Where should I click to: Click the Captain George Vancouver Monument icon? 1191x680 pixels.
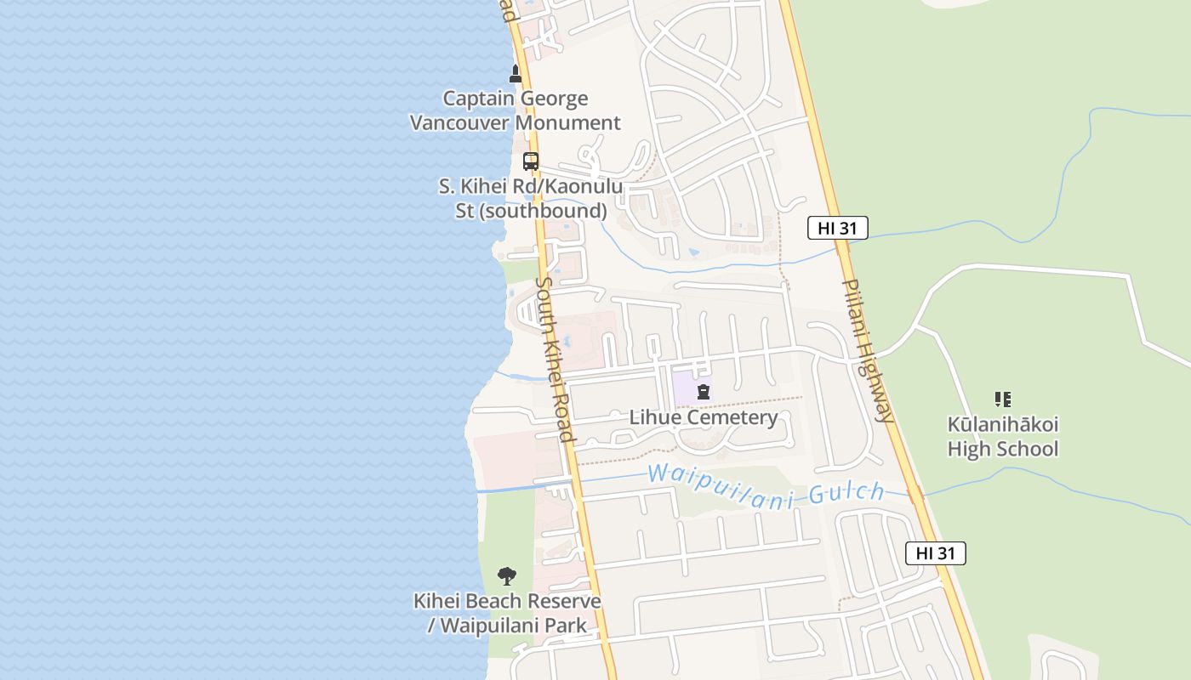click(x=515, y=74)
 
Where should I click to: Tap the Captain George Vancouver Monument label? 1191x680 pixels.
click(x=515, y=110)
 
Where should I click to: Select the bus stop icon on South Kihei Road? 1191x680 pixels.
click(x=531, y=161)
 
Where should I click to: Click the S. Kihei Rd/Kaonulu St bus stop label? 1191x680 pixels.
click(x=531, y=198)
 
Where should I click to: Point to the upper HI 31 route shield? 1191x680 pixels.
click(x=837, y=228)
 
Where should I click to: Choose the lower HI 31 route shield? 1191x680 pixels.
click(x=935, y=553)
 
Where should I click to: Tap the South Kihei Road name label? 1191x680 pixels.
click(x=556, y=359)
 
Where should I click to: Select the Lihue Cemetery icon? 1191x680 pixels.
click(x=704, y=392)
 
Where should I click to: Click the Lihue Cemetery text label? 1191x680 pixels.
click(x=704, y=417)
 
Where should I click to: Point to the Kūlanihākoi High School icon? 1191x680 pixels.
click(x=1003, y=399)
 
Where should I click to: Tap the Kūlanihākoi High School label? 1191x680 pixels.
click(x=1003, y=436)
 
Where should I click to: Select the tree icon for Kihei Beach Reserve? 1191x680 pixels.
click(x=507, y=576)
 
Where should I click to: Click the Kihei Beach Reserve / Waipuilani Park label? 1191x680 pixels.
click(x=507, y=613)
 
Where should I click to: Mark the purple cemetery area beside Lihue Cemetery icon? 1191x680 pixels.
click(x=684, y=388)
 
